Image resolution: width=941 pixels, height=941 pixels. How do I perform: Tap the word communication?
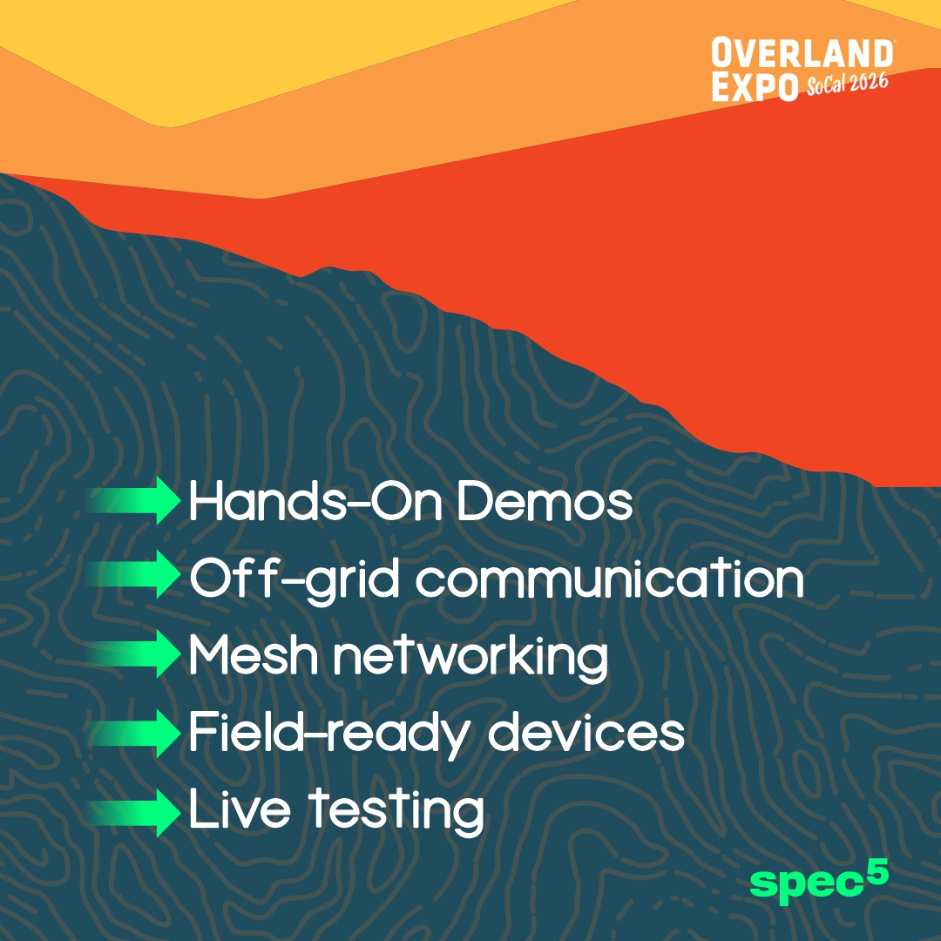[609, 579]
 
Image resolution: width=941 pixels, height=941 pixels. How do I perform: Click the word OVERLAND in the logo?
[802, 54]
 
